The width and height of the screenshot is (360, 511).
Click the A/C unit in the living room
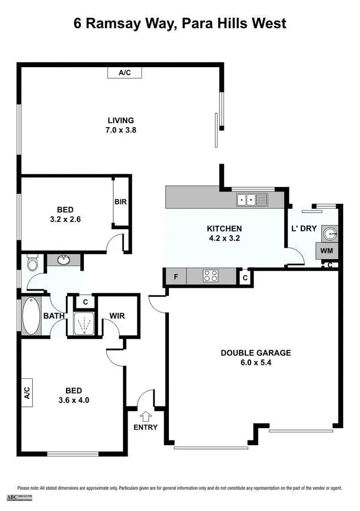pos(125,72)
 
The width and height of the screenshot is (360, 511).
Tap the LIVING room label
pos(120,120)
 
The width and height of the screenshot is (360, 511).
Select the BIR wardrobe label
pos(120,202)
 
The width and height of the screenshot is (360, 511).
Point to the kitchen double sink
pos(252,199)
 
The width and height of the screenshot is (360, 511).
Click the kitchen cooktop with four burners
pos(211,276)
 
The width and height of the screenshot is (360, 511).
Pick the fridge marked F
pos(176,276)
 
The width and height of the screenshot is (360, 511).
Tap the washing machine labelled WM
pos(327,250)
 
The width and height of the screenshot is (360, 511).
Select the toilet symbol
pos(32,263)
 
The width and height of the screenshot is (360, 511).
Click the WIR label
pos(117,316)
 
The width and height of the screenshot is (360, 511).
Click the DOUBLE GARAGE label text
pos(256,353)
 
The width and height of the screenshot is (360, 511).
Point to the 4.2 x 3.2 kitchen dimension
pos(224,238)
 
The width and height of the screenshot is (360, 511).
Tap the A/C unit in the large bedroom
pos(27,393)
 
